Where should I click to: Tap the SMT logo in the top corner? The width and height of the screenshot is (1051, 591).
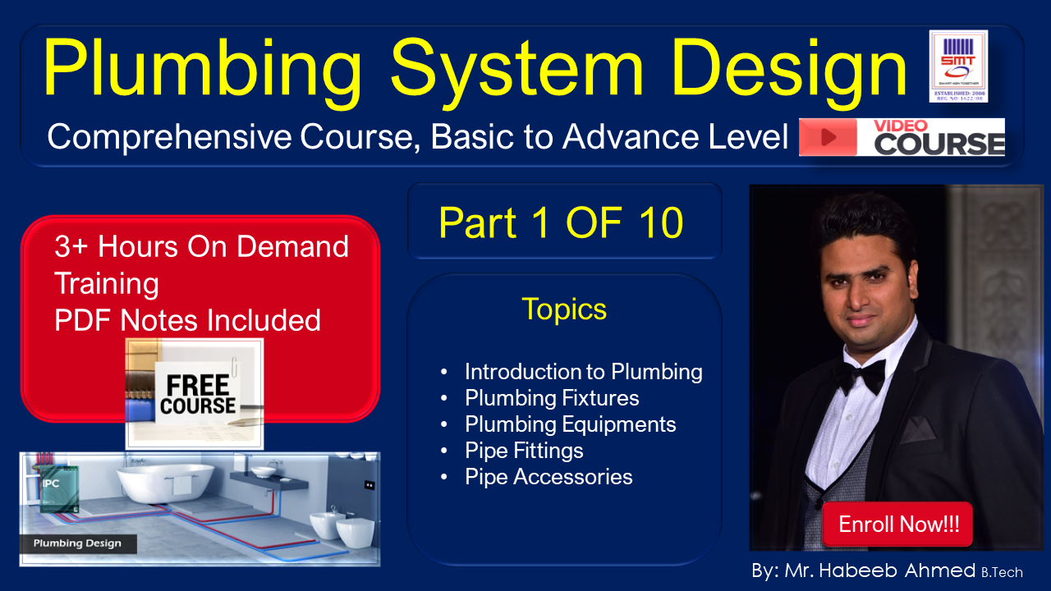[x=958, y=66]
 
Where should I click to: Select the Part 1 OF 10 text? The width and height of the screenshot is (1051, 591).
[x=561, y=222]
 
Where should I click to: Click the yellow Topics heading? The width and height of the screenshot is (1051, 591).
[x=564, y=309]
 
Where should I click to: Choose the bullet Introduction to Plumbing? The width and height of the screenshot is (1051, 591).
[x=583, y=372]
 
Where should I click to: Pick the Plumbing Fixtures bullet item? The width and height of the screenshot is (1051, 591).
[x=552, y=398]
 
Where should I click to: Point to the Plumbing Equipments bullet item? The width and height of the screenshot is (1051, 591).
[x=570, y=424]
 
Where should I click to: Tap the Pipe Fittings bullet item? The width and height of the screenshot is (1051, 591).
[x=524, y=451]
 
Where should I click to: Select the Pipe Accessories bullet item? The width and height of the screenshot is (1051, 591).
[x=548, y=477]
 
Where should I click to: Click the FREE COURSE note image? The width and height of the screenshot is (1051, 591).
[x=195, y=394]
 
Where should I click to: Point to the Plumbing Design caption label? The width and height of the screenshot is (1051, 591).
[x=77, y=543]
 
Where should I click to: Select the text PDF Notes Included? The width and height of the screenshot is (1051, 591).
[x=187, y=320]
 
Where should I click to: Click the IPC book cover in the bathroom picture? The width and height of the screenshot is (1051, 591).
[x=59, y=490]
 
